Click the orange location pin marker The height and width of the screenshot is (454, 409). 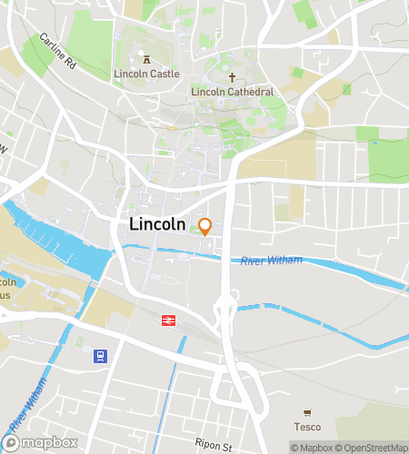pos(205,226)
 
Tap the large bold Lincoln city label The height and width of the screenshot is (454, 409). pos(158,223)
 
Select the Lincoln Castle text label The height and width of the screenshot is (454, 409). pos(146,74)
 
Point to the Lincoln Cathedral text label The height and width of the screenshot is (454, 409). pos(233,92)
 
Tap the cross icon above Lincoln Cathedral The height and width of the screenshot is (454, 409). pos(233,78)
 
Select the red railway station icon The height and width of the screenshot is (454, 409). pos(168,320)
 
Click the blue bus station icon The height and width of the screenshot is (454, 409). pos(100,356)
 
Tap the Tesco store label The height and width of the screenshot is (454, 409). pos(306,426)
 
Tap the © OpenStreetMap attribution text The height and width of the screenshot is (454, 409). pos(373,447)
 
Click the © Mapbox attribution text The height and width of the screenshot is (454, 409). pos(313,447)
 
